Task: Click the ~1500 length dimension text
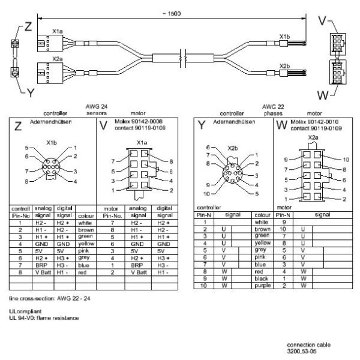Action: coord(172,13)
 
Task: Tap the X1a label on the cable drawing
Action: coord(58,29)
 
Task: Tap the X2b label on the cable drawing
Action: coord(285,66)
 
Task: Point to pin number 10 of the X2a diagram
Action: coord(344,160)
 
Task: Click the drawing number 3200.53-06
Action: coord(302,352)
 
